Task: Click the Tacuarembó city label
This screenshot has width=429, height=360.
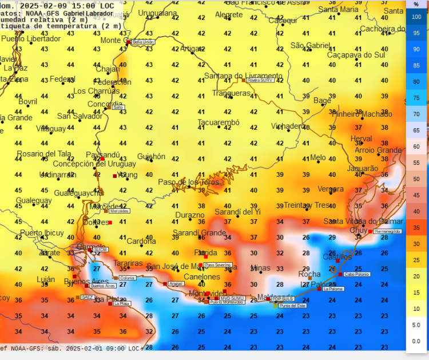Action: click(219, 122)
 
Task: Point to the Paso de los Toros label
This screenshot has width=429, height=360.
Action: click(189, 182)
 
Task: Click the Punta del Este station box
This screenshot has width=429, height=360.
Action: click(292, 306)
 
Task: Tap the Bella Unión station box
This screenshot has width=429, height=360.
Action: click(143, 42)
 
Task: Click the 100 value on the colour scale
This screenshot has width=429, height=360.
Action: click(416, 17)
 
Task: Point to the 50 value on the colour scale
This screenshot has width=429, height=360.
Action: click(416, 179)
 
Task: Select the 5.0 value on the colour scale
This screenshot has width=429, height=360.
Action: click(416, 325)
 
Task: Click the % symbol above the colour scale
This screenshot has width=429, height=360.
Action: click(416, 4)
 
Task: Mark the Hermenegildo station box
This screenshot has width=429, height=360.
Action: click(388, 231)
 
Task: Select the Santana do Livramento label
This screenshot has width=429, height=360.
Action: click(243, 76)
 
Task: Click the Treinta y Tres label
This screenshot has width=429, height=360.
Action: click(307, 205)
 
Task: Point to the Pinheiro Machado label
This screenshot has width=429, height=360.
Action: click(362, 114)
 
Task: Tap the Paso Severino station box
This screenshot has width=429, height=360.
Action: click(218, 265)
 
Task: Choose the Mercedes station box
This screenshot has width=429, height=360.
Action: click(119, 211)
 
